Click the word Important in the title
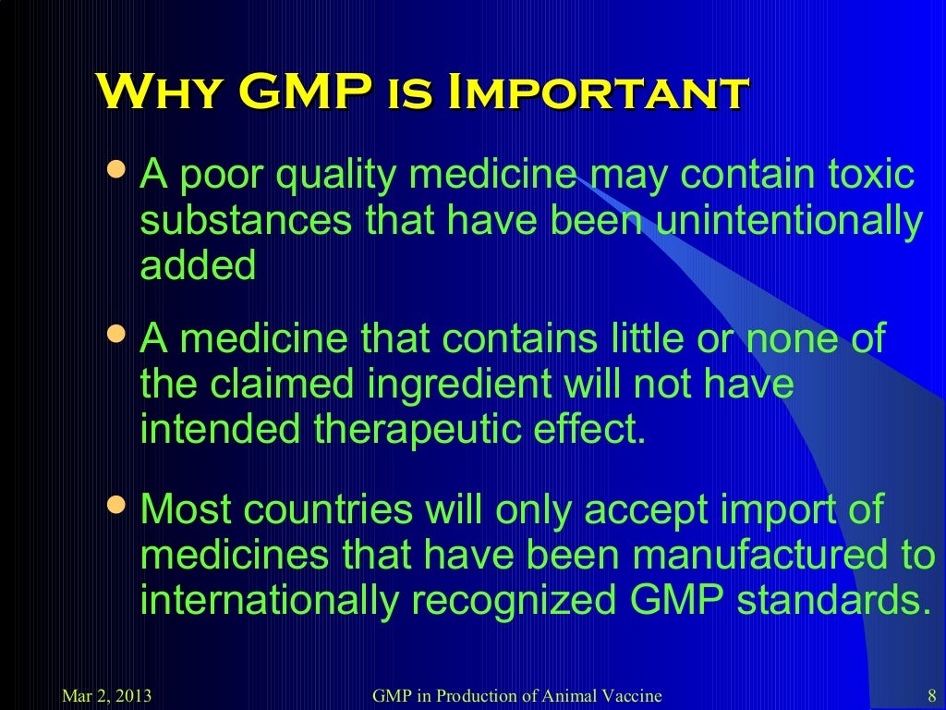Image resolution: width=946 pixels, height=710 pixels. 597,93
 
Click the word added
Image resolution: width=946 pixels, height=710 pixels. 198,266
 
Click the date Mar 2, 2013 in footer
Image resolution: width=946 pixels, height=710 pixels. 105,696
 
